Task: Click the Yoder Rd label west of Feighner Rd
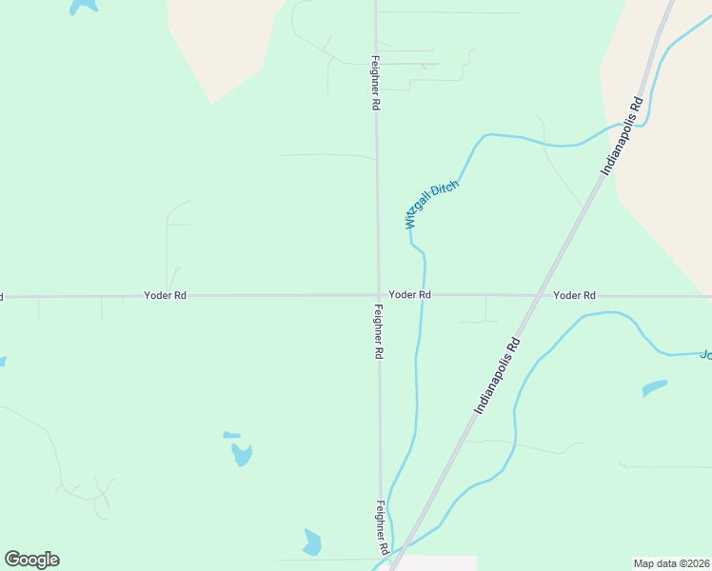tap(165, 296)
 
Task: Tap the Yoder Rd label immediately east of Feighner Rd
tap(410, 295)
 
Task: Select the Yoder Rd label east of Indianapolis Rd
tap(574, 295)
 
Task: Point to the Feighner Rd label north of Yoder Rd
tap(376, 85)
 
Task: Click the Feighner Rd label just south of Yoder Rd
tap(378, 331)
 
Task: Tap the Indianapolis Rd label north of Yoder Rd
tap(623, 134)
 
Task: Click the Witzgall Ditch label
tap(432, 205)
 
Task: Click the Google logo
tap(32, 560)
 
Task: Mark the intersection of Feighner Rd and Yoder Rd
tap(378, 295)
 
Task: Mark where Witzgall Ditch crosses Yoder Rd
tap(422, 295)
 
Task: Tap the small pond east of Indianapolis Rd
tap(654, 387)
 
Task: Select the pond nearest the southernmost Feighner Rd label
tap(311, 542)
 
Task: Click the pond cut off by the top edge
tap(83, 5)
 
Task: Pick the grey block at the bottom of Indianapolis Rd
tap(435, 563)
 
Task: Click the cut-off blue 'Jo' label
tap(705, 355)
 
